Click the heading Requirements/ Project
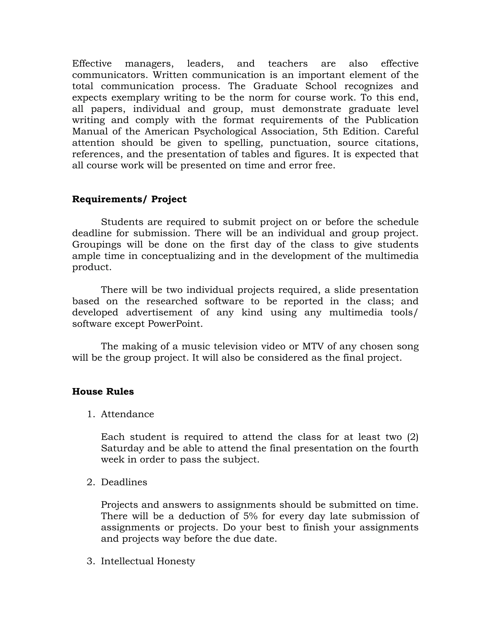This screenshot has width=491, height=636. point(129,199)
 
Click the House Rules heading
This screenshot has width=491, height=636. point(103,391)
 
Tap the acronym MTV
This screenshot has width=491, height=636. point(313,346)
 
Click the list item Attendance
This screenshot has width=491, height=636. point(127,414)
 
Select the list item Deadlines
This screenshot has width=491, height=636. point(124,482)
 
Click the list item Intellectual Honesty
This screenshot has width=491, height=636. point(148,561)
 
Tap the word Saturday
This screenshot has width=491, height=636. point(122,448)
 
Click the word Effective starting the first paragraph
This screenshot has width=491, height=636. point(92,64)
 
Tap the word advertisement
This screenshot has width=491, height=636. point(159,312)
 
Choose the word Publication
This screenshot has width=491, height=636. point(392,120)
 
